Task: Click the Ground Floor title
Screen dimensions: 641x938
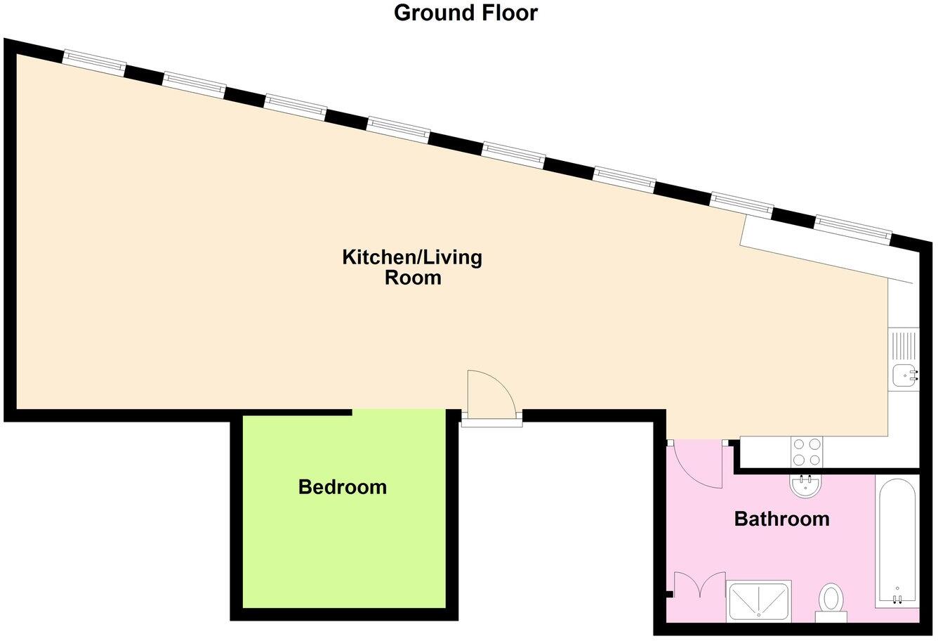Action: [465, 13]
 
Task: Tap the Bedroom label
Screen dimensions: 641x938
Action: [342, 486]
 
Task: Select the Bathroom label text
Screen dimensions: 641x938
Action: [781, 519]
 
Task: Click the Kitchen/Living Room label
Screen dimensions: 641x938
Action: [412, 267]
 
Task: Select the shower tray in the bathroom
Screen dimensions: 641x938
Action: [759, 601]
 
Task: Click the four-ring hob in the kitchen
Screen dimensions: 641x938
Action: [806, 451]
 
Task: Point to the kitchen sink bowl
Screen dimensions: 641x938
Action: [903, 376]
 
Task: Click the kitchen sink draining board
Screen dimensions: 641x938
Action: [904, 345]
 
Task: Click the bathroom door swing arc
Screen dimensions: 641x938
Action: [695, 465]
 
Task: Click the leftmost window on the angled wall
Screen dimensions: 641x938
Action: [94, 62]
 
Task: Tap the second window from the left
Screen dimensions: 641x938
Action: [194, 84]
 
